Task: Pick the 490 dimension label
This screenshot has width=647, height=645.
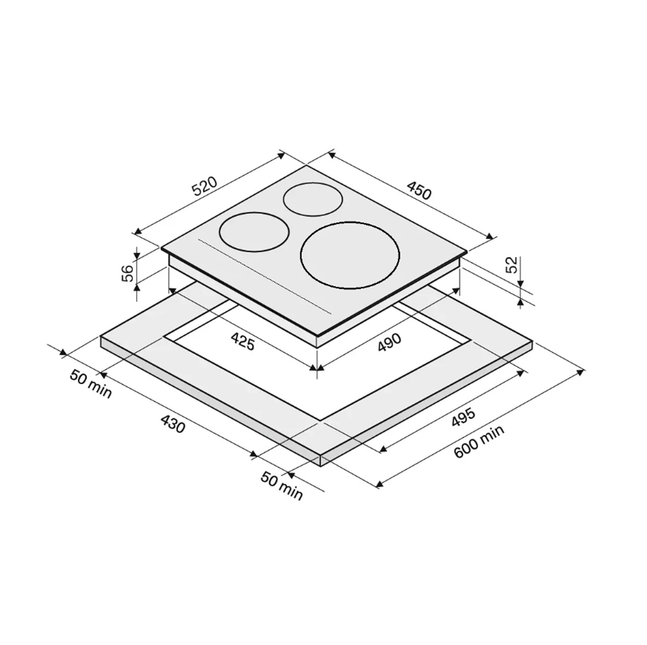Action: point(390,343)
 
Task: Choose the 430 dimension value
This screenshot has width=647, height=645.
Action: point(173,424)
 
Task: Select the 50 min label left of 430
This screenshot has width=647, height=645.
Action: point(90,384)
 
